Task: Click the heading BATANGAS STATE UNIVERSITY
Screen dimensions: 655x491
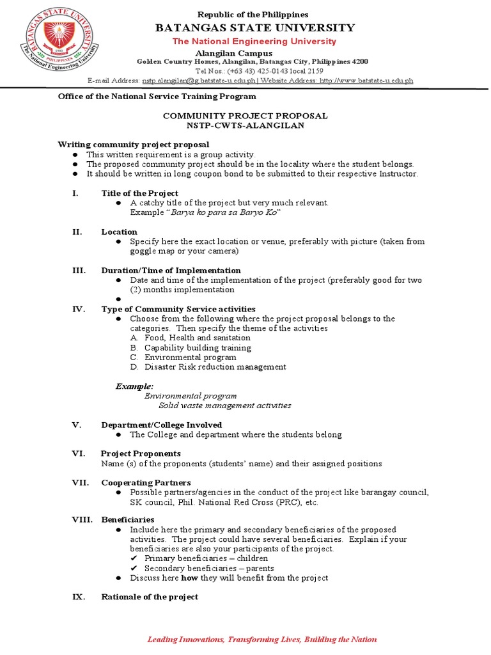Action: [x=253, y=28]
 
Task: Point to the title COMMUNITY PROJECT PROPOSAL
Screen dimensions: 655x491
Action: [x=245, y=116]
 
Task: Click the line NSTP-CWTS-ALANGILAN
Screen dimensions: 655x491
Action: [x=245, y=125]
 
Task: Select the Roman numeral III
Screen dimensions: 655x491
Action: [x=79, y=271]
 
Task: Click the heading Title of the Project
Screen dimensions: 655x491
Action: [x=140, y=193]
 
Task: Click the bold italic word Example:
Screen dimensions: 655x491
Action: [x=134, y=386]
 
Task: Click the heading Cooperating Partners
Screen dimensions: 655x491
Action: [x=146, y=482]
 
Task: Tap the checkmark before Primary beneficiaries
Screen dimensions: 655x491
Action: [x=134, y=558]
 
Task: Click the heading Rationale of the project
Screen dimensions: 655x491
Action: [x=150, y=597]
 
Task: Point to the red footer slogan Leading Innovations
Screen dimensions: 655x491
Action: [x=262, y=640]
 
